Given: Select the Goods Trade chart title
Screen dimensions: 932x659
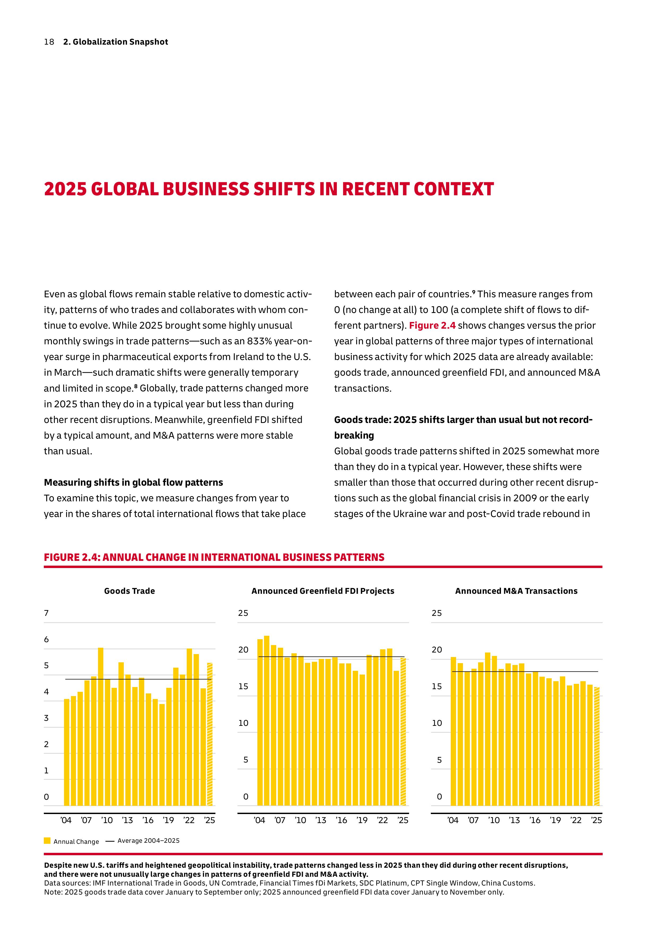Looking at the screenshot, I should [129, 591].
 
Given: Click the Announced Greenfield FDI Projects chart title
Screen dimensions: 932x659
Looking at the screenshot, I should [323, 591].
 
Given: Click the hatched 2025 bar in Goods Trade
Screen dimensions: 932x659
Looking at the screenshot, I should [210, 735].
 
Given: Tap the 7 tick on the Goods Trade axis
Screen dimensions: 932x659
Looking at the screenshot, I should [46, 613].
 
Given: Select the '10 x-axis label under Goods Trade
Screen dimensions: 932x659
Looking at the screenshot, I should [107, 820].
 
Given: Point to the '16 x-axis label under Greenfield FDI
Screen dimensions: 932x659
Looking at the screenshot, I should [341, 820].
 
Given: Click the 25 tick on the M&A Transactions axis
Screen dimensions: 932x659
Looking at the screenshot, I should [437, 613].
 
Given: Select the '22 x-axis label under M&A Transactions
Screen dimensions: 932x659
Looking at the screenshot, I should [576, 820].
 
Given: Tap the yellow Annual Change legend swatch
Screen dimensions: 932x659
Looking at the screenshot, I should [47, 841].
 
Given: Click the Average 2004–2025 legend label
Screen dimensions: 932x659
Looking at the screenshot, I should [148, 841].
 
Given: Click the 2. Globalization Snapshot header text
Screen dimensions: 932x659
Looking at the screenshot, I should [115, 42].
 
